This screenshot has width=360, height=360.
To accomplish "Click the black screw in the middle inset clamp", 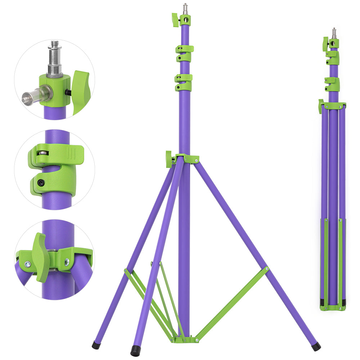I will tap(42, 184).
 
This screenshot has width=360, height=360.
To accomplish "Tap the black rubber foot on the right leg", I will tap(316, 346).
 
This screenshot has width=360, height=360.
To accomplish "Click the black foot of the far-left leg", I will tap(96, 345).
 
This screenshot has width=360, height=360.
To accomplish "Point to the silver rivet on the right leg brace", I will tap(266, 269).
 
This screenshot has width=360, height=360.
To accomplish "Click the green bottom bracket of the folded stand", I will tap(333, 308).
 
